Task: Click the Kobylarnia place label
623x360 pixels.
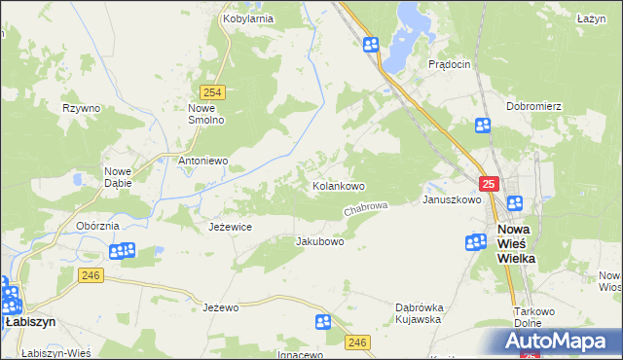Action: point(247,18)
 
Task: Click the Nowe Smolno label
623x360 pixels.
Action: point(206,113)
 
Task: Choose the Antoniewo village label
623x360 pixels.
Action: point(202,161)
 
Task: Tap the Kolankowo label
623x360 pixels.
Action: point(338,185)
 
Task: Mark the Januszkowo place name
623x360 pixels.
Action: point(452,199)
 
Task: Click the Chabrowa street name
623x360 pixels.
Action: point(366,209)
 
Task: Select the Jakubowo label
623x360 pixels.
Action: point(319,241)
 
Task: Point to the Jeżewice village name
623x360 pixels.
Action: point(231,226)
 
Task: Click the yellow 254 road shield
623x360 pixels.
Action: point(215,92)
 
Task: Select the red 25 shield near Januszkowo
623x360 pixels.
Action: point(489,184)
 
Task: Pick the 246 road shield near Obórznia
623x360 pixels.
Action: point(92,276)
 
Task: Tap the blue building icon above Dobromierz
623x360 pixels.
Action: point(484,125)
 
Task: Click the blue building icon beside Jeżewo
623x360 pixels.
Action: point(323,322)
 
